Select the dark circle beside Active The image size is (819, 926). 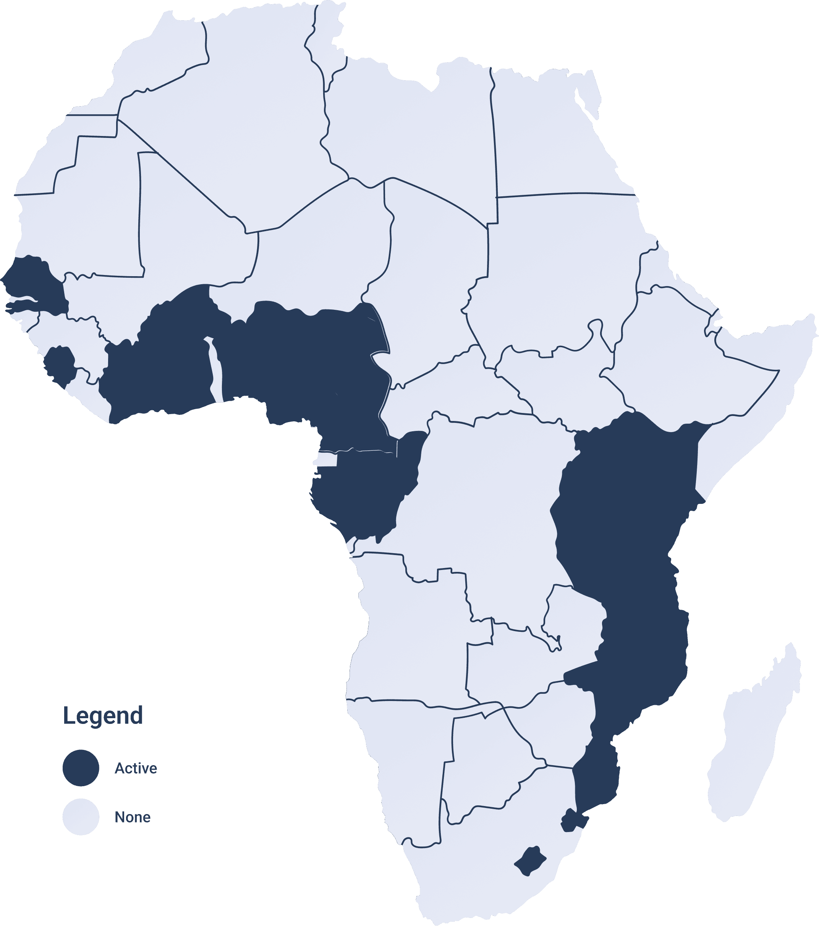81,768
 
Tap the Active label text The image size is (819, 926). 136,768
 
